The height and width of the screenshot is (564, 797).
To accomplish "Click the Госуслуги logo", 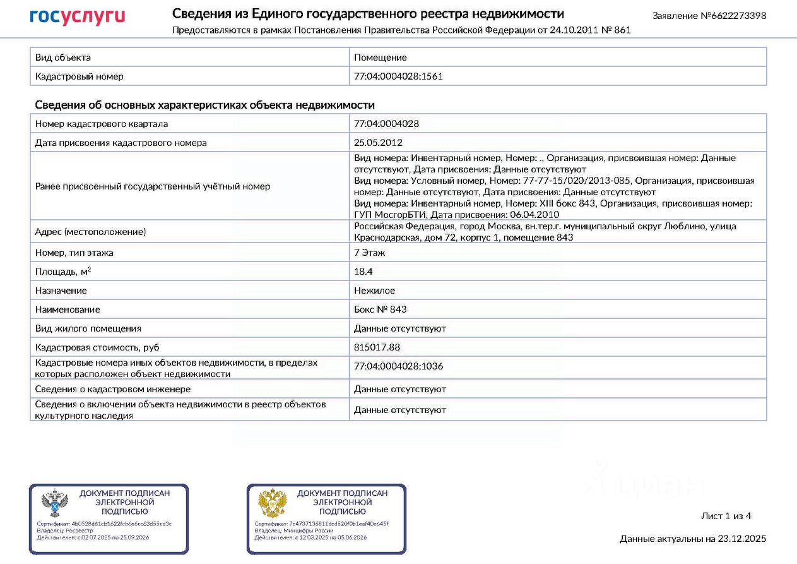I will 77,17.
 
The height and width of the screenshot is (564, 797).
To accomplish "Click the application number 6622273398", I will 735,15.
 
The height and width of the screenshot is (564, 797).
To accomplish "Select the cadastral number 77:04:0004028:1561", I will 398,76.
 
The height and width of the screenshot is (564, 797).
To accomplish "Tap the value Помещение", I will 381,57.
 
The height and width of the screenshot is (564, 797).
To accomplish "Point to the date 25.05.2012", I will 378,143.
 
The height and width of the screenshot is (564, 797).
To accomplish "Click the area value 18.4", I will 363,272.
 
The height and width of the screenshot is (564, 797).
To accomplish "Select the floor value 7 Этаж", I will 370,253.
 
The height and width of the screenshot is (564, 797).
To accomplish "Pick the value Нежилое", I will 374,291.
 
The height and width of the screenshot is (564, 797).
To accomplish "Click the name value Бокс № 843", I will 381,309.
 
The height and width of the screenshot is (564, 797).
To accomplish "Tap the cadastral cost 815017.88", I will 377,347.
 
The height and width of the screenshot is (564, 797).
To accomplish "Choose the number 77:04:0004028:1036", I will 398,366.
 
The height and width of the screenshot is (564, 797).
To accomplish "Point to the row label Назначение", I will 61,291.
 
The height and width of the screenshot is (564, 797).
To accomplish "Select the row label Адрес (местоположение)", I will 90,232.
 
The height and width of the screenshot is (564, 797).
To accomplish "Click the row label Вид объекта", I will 63,57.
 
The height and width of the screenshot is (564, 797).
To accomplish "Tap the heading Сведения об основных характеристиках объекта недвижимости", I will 204,105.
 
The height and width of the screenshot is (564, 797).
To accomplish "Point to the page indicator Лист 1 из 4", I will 726,516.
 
